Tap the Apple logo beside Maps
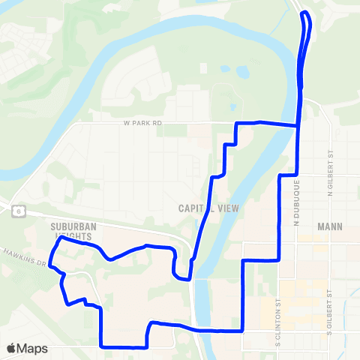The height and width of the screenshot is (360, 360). (12, 348)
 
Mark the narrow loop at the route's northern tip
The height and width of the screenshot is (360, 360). (306, 16)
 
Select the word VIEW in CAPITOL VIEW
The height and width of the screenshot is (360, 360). (226, 208)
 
